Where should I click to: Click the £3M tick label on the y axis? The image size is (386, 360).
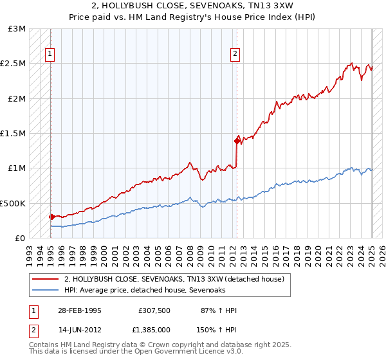[17, 29]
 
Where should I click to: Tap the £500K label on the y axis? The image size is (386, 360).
[13, 203]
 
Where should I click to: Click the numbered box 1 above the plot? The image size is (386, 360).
[50, 54]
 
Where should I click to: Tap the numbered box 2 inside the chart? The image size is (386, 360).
[235, 54]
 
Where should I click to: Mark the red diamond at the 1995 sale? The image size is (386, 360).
[51, 217]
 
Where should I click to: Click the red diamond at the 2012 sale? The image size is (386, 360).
[237, 141]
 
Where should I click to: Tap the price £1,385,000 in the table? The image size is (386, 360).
[154, 329]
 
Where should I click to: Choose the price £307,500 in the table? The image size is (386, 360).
[154, 310]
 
